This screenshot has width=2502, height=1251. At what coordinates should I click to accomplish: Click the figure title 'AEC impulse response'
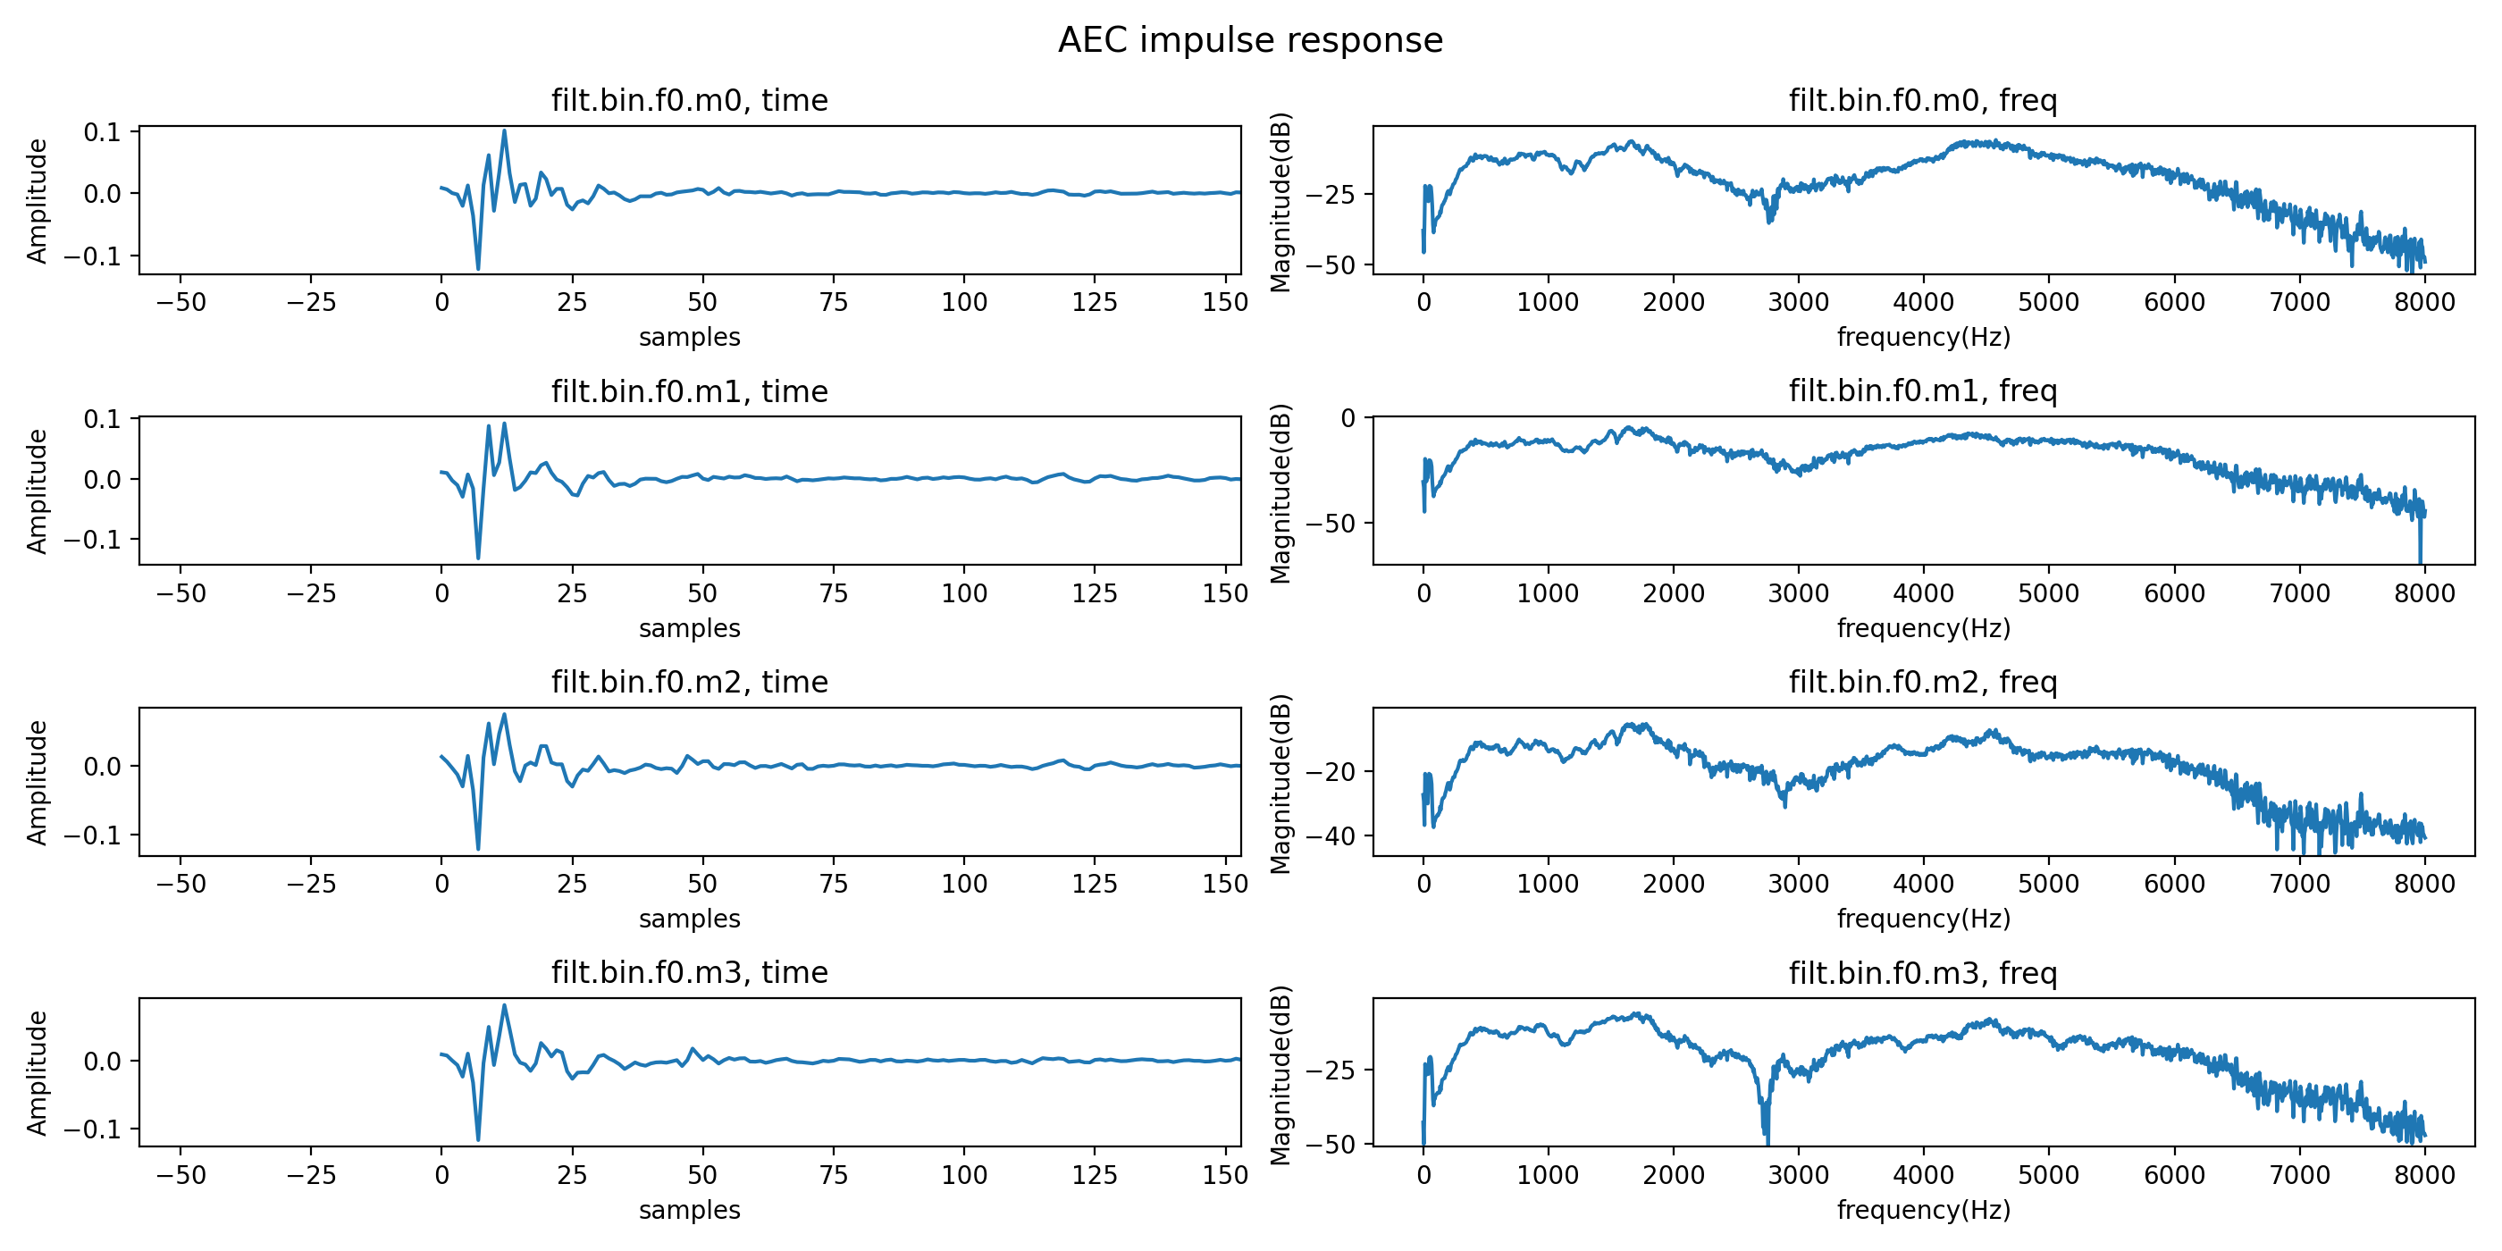tap(1250, 41)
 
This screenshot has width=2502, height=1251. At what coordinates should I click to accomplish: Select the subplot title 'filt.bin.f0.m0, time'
tap(690, 100)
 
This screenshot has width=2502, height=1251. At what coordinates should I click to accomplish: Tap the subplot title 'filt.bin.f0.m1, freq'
tap(1922, 390)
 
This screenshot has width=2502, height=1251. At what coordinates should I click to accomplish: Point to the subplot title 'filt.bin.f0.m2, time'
tap(690, 682)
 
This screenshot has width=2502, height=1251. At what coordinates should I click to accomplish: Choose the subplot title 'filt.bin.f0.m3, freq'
tap(1922, 972)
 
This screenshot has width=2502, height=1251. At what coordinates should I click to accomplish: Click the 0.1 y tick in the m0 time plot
tap(102, 132)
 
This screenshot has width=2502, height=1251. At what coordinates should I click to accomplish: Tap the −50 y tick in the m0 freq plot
tap(1330, 265)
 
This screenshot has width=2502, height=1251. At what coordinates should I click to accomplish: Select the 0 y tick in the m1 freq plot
tap(1348, 418)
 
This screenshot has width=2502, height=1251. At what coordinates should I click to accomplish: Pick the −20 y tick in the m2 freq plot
tap(1330, 773)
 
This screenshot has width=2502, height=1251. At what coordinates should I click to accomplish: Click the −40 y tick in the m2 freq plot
tap(1330, 836)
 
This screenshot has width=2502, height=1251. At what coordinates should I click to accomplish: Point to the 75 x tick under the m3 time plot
tap(834, 1175)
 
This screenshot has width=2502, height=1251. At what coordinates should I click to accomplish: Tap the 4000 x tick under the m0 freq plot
tap(1923, 302)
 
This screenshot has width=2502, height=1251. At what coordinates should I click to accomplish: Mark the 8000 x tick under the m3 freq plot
tap(2424, 1175)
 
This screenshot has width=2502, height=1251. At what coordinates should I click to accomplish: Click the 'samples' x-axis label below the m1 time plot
tap(690, 628)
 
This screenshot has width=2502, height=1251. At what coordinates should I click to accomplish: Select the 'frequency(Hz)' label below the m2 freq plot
tap(1922, 919)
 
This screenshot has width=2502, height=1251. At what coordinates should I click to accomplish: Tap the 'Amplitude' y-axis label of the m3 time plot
tap(37, 1073)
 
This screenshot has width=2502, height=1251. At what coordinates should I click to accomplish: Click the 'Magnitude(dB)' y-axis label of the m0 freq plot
tap(1281, 202)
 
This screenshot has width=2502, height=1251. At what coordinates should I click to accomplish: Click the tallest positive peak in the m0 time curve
tap(504, 131)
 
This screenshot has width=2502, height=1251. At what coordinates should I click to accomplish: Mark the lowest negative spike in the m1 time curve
tap(478, 557)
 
